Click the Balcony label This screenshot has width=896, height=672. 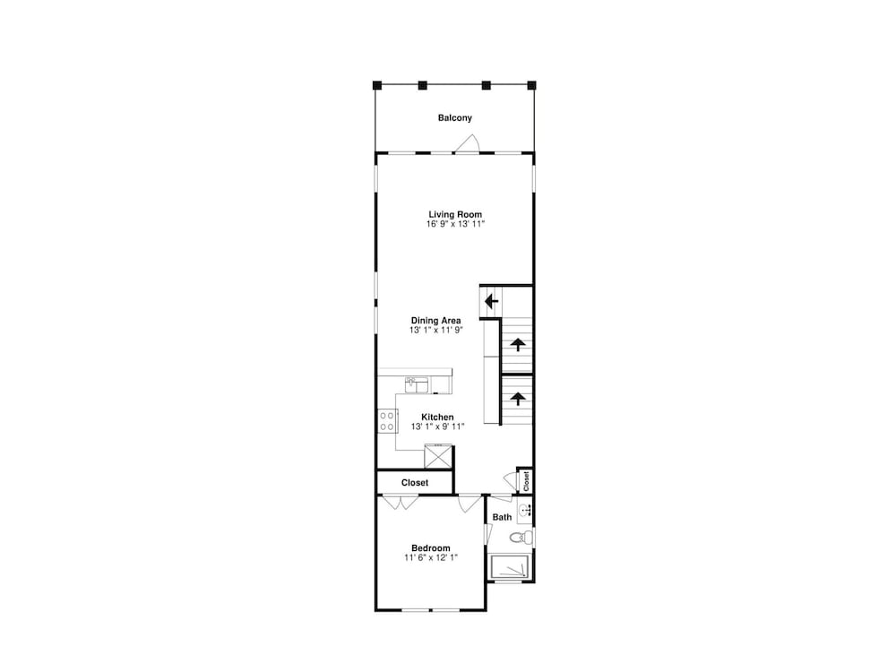(x=455, y=117)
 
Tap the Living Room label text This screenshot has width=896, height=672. (x=455, y=214)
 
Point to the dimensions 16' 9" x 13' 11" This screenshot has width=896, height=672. (x=455, y=224)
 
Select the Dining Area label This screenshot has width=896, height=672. (x=436, y=321)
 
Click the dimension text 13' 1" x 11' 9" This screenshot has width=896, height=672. (x=436, y=331)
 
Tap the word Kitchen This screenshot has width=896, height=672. (x=438, y=418)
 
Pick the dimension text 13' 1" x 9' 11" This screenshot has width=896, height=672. (x=438, y=426)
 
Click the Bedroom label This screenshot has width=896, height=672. (x=431, y=548)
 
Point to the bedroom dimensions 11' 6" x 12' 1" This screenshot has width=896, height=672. (x=431, y=557)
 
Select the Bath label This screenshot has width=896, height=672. (x=503, y=517)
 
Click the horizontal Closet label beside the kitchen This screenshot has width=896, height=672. (x=415, y=483)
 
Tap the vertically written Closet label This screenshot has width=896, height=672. (x=526, y=480)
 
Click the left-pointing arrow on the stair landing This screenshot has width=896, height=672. (x=491, y=301)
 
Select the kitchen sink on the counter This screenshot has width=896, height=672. (x=417, y=385)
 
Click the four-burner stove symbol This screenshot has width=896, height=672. (x=387, y=421)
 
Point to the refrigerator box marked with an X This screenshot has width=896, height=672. (x=438, y=457)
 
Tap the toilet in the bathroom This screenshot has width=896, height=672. (x=521, y=537)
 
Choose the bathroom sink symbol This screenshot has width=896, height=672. (x=525, y=511)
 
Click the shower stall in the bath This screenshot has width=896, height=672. (x=511, y=567)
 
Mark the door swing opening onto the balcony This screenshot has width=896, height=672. (x=468, y=144)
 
